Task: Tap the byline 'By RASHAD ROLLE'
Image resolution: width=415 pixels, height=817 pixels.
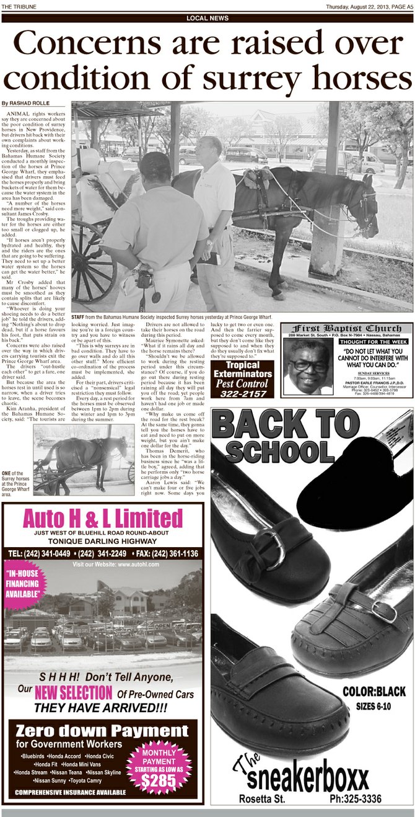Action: tap(25, 103)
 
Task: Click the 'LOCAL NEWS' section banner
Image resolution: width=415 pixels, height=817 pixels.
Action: tap(207, 19)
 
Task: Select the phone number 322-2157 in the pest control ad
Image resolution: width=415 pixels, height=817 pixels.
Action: tap(242, 393)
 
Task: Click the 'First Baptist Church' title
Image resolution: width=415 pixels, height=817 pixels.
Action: tap(347, 328)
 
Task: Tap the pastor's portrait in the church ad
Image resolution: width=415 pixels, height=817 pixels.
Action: tap(308, 366)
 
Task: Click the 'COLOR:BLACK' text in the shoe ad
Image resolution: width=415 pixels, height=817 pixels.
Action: tap(374, 691)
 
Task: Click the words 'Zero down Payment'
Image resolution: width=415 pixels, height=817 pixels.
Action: tap(102, 730)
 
